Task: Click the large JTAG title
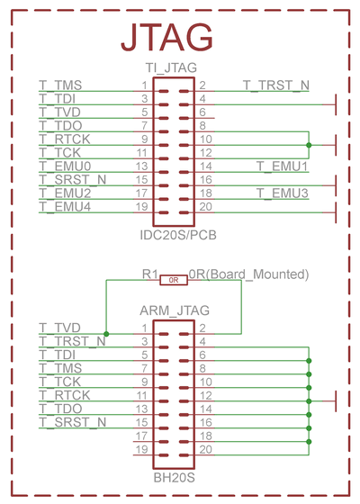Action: tap(166, 37)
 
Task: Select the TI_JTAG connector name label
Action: tap(171, 67)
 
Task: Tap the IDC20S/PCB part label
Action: tap(178, 235)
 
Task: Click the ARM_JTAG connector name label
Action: tap(175, 310)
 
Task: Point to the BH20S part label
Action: tap(175, 478)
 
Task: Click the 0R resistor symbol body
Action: tap(174, 280)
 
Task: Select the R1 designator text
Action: tap(150, 274)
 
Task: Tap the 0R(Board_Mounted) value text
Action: tap(248, 274)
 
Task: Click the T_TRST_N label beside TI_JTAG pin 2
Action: tap(276, 85)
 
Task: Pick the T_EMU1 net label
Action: tap(283, 166)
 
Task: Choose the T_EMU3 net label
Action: tap(283, 193)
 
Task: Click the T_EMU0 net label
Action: tap(65, 166)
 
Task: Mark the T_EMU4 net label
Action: tap(65, 207)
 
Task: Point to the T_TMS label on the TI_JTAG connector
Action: tap(60, 85)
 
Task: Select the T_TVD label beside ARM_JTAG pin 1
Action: tap(59, 328)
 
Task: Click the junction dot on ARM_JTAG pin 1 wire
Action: tap(106, 334)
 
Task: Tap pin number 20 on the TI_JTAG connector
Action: tap(206, 207)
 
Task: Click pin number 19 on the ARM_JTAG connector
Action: tap(141, 449)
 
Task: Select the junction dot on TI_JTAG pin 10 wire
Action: tap(309, 145)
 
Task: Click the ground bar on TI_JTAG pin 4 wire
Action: tap(336, 104)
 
